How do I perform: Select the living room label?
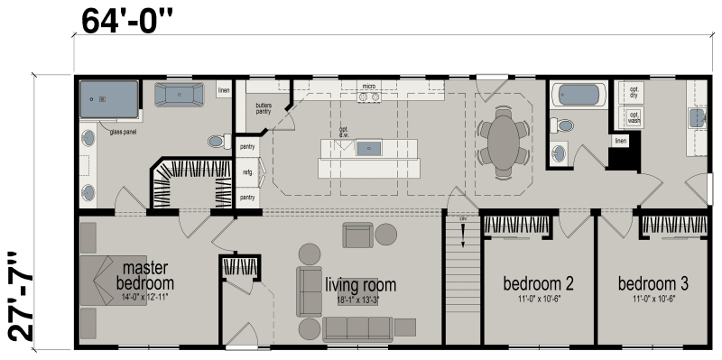pyautogui.click(x=360, y=285)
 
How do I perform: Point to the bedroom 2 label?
pyautogui.click(x=538, y=283)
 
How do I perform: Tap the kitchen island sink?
pyautogui.click(x=369, y=148)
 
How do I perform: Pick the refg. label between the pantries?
pyautogui.click(x=246, y=171)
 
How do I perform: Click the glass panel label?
pyautogui.click(x=122, y=132)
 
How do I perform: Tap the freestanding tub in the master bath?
pyautogui.click(x=179, y=96)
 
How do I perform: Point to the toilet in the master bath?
pyautogui.click(x=217, y=142)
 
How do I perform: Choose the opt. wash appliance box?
pyautogui.click(x=634, y=117)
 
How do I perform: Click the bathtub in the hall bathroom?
pyautogui.click(x=579, y=94)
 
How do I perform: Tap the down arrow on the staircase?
pyautogui.click(x=462, y=234)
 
